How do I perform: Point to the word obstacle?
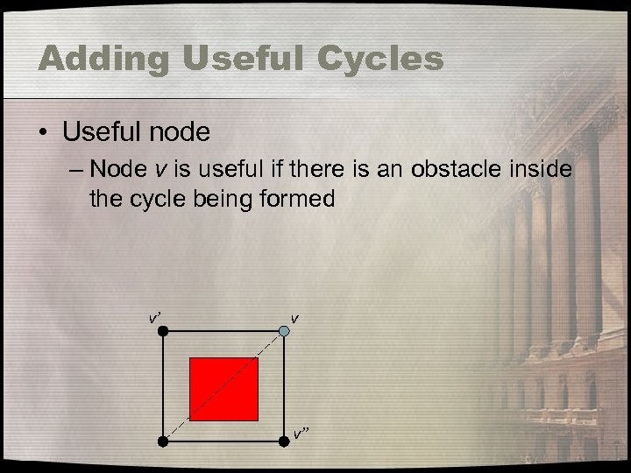[x=447, y=167]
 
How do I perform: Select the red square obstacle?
[x=223, y=390]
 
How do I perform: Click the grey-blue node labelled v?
[x=285, y=330]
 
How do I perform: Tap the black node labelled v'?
[x=163, y=330]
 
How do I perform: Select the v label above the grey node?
[x=294, y=316]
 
